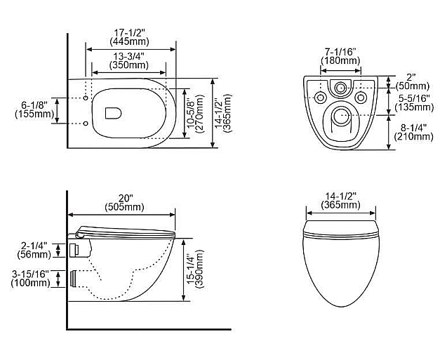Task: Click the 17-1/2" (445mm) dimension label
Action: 129,37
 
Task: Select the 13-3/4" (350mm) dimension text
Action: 129,61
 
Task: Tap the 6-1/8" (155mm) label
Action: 34,109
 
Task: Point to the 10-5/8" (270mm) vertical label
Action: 196,114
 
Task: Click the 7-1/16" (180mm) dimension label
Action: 340,56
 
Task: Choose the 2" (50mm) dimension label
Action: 412,81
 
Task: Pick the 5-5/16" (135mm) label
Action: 414,103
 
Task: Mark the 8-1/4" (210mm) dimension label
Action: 413,132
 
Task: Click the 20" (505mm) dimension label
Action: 124,203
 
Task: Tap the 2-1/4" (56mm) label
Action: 34,250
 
